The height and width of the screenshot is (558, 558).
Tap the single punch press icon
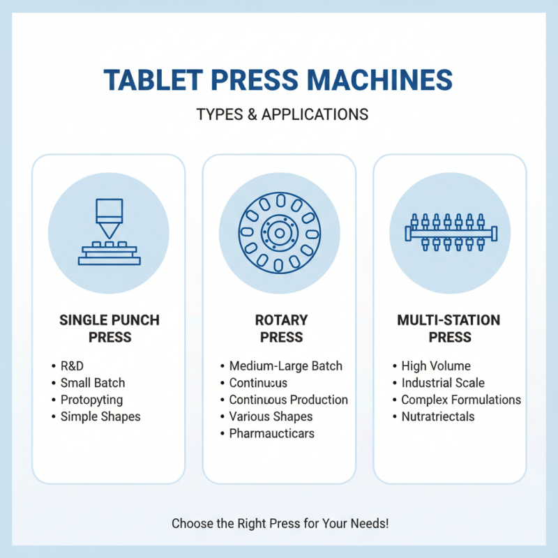point(108,232)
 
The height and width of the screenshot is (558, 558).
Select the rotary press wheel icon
point(278,232)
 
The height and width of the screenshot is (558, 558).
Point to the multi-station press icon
point(449,232)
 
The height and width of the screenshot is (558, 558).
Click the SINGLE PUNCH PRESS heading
point(109,329)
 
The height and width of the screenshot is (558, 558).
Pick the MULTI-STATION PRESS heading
point(448,329)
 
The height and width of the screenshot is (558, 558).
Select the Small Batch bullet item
point(92,383)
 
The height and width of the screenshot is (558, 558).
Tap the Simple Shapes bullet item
point(100,416)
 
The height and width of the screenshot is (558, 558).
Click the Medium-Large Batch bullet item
point(285,365)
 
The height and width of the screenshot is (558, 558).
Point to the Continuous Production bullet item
point(288,400)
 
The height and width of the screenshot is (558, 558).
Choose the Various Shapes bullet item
point(271,416)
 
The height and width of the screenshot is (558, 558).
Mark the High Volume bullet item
point(436,365)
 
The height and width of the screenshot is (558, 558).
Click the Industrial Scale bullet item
point(443,383)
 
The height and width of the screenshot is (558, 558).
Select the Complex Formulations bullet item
point(461,400)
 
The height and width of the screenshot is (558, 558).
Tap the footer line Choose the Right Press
point(278,522)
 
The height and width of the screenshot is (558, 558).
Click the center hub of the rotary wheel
point(278,232)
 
